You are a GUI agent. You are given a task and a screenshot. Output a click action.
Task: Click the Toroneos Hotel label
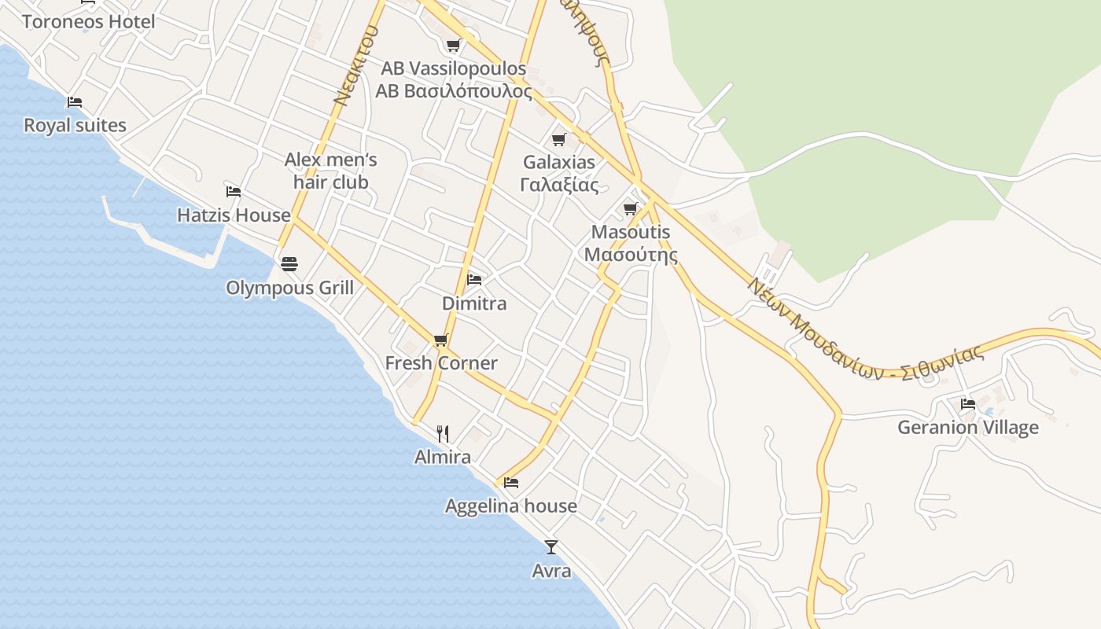pos(88,21)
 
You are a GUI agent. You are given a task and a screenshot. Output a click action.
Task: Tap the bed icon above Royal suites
pos(75,102)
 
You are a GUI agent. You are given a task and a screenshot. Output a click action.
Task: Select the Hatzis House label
pos(234,215)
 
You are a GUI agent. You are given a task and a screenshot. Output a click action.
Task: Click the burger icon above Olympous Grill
pos(289,263)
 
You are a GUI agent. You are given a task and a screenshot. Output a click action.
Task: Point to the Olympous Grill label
pos(289,288)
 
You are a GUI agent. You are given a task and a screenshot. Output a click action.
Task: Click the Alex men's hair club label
pos(330,171)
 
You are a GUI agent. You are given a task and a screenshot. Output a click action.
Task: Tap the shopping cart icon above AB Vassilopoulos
pos(453,46)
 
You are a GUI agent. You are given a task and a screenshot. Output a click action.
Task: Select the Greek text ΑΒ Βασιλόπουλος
pos(454,91)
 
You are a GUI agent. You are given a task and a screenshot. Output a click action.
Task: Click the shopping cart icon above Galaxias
pos(558,140)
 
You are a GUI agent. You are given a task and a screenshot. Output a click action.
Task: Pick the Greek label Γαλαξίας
pos(559,186)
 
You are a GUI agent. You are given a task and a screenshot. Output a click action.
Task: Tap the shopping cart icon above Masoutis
pos(630,209)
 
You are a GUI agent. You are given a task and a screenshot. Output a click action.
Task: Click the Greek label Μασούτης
pos(631,255)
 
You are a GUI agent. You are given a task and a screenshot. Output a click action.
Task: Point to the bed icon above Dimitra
pos(473,279)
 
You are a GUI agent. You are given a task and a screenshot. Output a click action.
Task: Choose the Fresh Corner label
pos(440,362)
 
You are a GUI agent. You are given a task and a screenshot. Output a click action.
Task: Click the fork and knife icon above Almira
pos(443,433)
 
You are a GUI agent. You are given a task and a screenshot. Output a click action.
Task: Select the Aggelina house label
pos(510,506)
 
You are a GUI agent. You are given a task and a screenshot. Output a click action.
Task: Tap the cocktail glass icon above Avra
pos(551,546)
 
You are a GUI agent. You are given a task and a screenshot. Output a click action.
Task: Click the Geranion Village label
pos(968,427)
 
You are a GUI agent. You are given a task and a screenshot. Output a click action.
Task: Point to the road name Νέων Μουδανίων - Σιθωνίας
pos(865,330)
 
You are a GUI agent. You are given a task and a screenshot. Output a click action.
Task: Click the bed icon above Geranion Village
pos(968,403)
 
